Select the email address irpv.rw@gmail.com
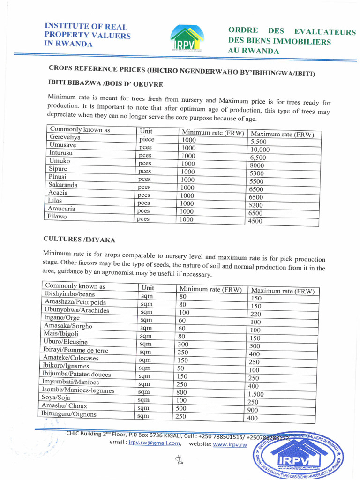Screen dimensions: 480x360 tap(154, 443)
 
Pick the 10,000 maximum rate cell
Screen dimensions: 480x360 tap(260, 150)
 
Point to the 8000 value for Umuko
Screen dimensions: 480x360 tap(257, 165)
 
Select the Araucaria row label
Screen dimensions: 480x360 tap(61, 209)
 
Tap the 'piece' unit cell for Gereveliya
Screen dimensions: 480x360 tap(147, 139)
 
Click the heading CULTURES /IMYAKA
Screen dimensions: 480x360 tap(79, 239)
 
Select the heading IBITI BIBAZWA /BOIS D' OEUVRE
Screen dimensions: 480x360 tap(105, 84)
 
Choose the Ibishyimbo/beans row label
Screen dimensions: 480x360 tap(70, 294)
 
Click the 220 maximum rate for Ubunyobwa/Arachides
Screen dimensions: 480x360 tap(255, 314)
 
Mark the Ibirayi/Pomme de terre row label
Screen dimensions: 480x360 tap(75, 350)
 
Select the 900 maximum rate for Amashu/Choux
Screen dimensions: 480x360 tap(253, 410)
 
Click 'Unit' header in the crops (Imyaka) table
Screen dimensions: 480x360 tap(148, 287)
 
